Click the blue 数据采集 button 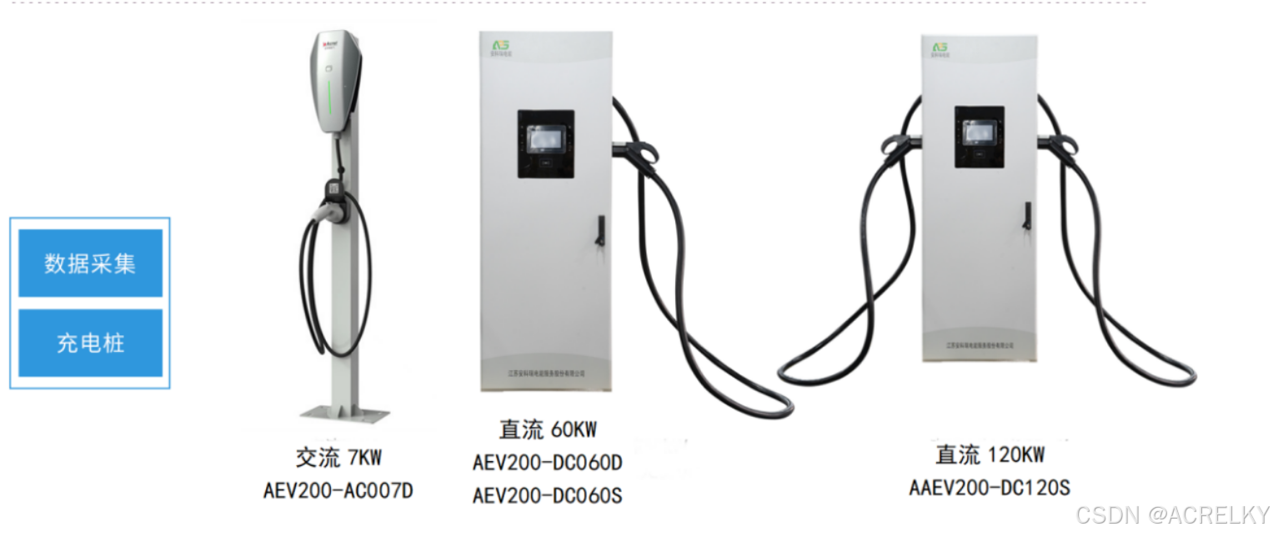click(90, 263)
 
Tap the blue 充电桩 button click(90, 343)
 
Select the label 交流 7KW click(338, 458)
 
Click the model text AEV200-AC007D click(338, 490)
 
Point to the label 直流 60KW click(548, 429)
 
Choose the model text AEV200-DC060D click(548, 462)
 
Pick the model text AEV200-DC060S click(548, 495)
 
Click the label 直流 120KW click(990, 454)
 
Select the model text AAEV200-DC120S click(990, 487)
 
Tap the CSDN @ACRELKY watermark click(1172, 514)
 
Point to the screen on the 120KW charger click(979, 133)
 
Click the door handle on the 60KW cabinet click(599, 231)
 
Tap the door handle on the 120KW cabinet click(1028, 214)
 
